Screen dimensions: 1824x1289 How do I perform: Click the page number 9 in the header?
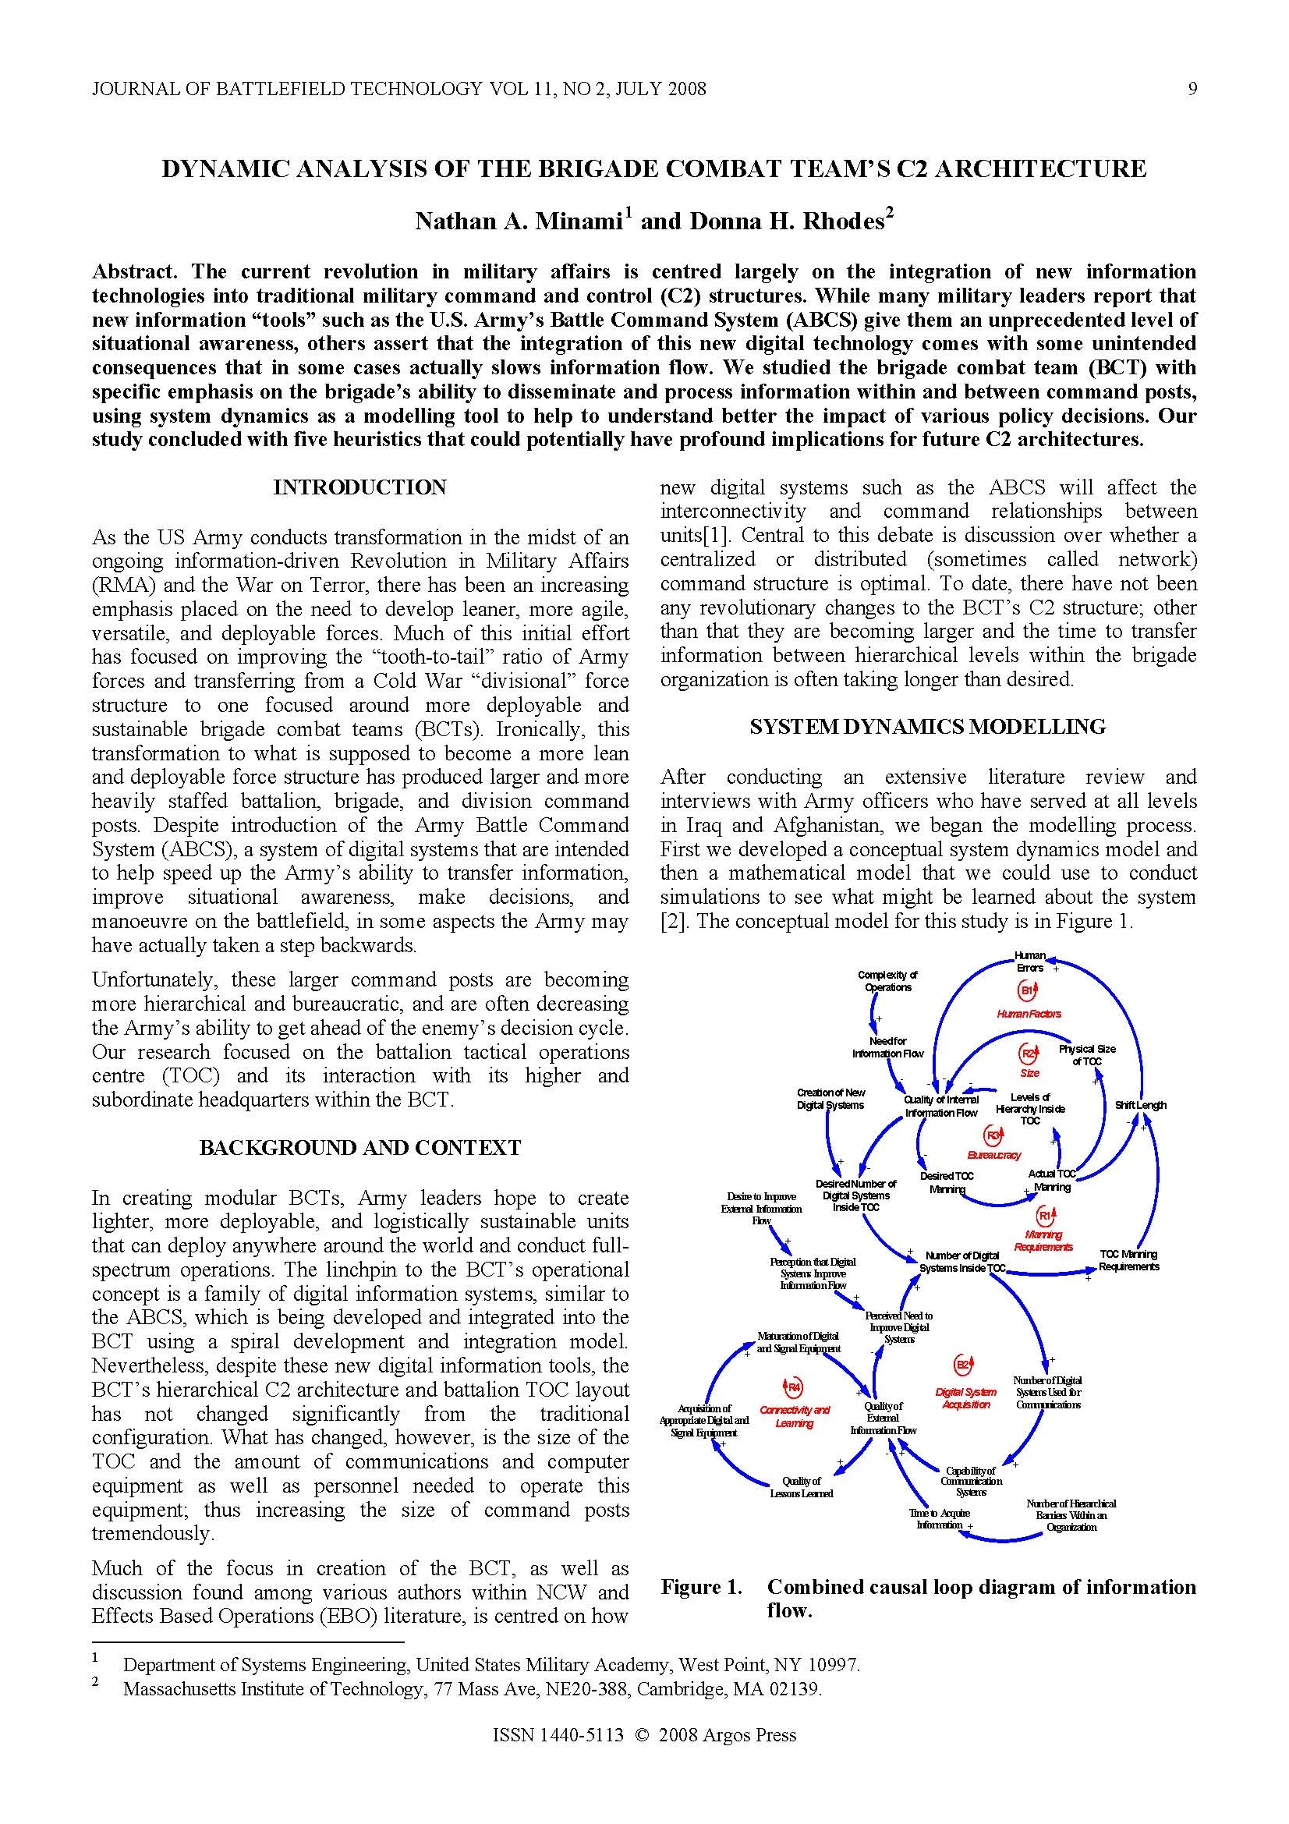coord(1192,89)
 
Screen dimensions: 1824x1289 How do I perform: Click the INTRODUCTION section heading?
coord(359,487)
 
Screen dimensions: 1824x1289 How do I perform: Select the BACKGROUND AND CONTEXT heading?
coord(359,1147)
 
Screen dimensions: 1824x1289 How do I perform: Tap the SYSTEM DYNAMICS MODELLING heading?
coord(928,726)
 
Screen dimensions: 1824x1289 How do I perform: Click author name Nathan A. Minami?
coord(518,221)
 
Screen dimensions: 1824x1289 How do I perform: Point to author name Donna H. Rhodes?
coord(786,221)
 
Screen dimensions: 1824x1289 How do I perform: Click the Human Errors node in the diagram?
coord(1030,962)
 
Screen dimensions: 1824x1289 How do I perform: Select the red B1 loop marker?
coord(1028,990)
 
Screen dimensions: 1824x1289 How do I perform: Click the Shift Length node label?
coord(1141,1105)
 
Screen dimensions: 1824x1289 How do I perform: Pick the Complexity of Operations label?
coord(887,980)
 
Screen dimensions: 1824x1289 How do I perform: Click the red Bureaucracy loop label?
coord(993,1155)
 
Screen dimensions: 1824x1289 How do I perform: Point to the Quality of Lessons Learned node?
coord(801,1487)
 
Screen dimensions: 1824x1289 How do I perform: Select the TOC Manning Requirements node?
coord(1128,1260)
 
